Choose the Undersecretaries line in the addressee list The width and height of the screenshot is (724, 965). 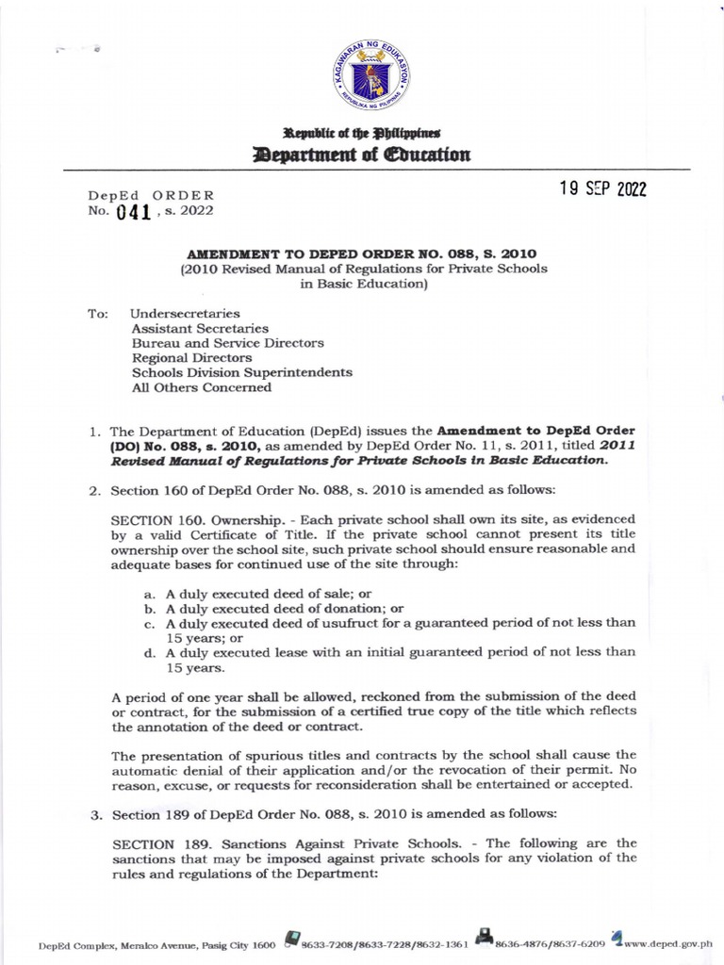[185, 313]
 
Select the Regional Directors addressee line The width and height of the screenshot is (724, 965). [191, 357]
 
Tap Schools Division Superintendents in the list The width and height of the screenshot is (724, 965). [241, 372]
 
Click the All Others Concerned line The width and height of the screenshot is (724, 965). [201, 386]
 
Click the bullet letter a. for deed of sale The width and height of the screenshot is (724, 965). [149, 593]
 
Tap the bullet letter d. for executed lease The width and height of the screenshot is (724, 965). [149, 652]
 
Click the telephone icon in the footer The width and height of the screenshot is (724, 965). [293, 938]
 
